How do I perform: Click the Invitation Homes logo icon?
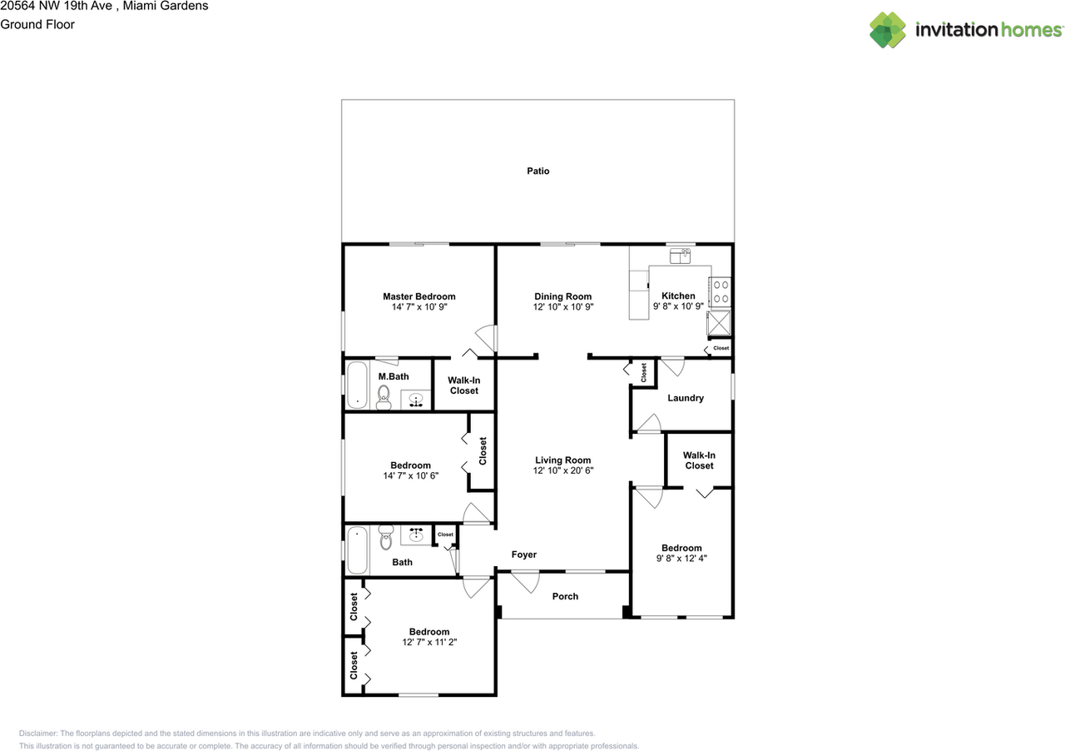pos(888,30)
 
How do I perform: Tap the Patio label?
pos(537,171)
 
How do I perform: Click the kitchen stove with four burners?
pos(721,291)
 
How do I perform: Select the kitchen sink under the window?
pos(681,256)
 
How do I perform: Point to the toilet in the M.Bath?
pos(384,398)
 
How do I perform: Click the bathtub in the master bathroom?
pos(357,385)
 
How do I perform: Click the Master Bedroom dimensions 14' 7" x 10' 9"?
pos(419,307)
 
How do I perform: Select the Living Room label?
pos(562,460)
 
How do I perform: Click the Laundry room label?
pos(686,398)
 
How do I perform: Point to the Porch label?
pos(565,596)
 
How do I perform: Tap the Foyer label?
pos(523,555)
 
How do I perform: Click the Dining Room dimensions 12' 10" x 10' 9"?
pos(562,307)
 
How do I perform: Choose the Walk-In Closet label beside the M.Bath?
pos(463,385)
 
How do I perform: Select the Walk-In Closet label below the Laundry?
pos(699,460)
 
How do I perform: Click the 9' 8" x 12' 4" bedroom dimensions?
pos(681,559)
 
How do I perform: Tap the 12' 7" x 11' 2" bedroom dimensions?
pos(428,643)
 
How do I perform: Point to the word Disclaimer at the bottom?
pos(38,734)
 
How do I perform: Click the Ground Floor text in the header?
pos(37,24)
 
